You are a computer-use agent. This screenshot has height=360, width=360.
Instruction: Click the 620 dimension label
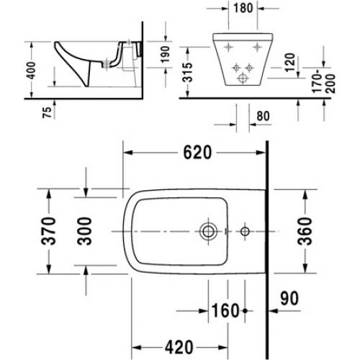tap(197, 153)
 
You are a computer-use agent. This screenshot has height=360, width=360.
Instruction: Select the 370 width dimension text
tap(48, 231)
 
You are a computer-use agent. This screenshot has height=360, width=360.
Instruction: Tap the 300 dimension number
tap(84, 231)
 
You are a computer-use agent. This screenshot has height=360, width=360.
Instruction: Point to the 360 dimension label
tap(305, 231)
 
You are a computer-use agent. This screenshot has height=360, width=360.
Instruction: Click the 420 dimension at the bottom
tap(179, 347)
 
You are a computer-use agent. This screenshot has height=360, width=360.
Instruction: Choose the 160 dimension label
tap(225, 310)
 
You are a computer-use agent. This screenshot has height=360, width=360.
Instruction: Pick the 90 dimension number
tap(289, 298)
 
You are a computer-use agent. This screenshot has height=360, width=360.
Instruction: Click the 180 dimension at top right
tap(243, 8)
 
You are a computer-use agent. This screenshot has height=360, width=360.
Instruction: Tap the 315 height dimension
tap(187, 72)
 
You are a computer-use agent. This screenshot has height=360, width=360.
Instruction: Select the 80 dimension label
tap(263, 116)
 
